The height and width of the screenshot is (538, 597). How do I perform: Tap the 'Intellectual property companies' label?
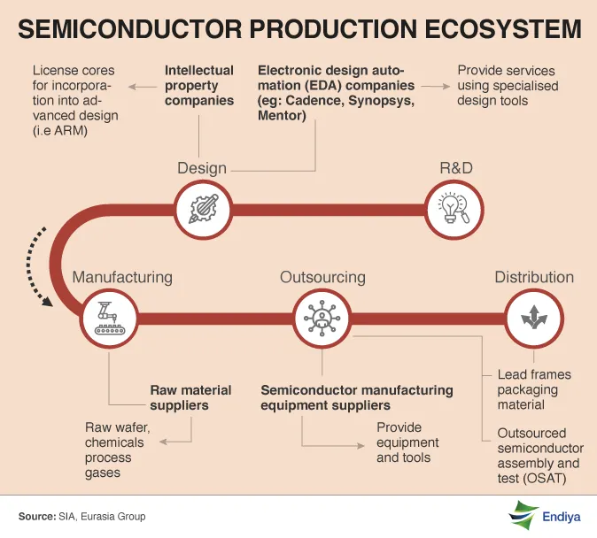click(199, 85)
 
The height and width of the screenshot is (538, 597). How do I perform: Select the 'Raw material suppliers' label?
click(190, 397)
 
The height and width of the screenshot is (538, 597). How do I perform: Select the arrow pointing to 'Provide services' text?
click(433, 86)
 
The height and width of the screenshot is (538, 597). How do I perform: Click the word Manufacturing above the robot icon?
click(122, 277)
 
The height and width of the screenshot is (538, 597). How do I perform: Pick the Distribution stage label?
click(534, 277)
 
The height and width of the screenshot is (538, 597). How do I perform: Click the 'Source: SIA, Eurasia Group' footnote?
click(82, 516)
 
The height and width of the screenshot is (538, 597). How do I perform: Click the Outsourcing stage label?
click(322, 277)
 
